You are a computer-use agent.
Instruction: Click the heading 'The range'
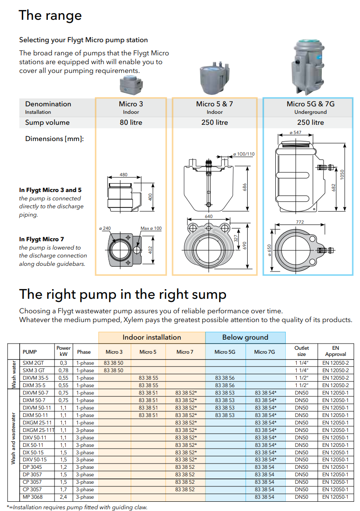pyautogui.click(x=50, y=15)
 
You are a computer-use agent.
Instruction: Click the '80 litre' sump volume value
pyautogui.click(x=131, y=123)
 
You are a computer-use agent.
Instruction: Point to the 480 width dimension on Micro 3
pyautogui.click(x=124, y=174)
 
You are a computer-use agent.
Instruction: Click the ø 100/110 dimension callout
pyautogui.click(x=244, y=154)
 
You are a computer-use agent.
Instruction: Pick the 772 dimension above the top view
pyautogui.click(x=300, y=223)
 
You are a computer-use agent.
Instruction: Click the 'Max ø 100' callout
pyautogui.click(x=151, y=228)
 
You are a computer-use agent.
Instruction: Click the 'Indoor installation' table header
pyautogui.click(x=152, y=337)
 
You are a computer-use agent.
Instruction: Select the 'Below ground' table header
pyautogui.click(x=245, y=337)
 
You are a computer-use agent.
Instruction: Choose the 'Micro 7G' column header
pyautogui.click(x=266, y=352)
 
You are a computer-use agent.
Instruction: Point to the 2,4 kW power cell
pyautogui.click(x=63, y=497)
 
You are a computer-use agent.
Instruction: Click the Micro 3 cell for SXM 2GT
pyautogui.click(x=114, y=363)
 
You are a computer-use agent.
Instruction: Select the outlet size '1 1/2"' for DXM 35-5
pyautogui.click(x=302, y=385)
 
